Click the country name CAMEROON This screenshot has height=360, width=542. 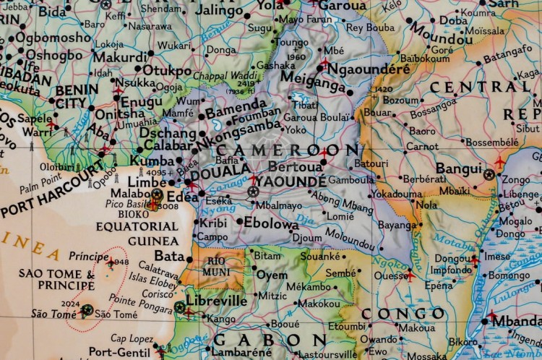(x=297, y=150)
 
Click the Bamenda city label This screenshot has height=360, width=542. (x=236, y=112)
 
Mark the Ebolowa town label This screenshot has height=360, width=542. (x=271, y=224)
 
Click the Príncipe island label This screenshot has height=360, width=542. (x=87, y=257)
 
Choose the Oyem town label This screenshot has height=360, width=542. (x=272, y=275)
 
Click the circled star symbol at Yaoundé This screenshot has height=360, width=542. (x=252, y=192)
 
